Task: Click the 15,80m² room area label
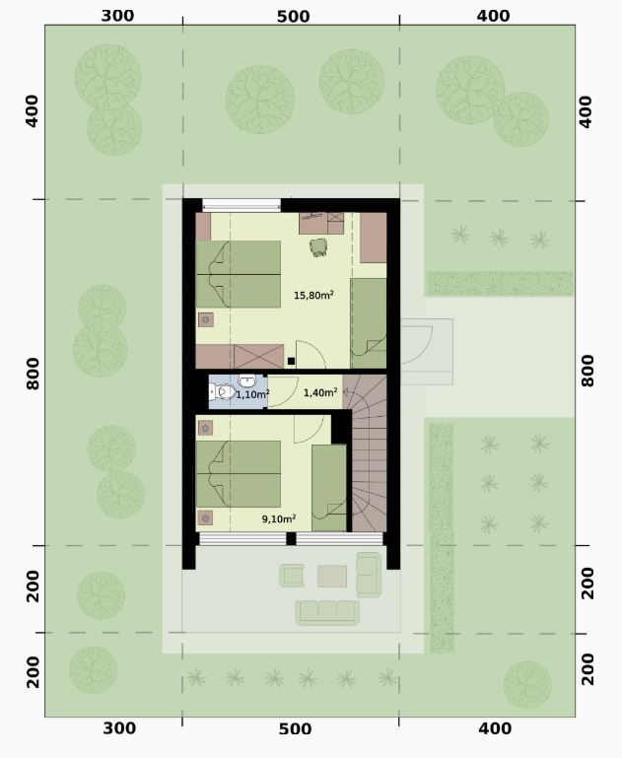313,295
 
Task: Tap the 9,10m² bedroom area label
279,518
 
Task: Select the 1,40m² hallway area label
320,392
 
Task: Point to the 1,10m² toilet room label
252,394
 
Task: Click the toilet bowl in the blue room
223,391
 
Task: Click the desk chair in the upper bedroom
318,247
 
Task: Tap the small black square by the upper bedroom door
291,361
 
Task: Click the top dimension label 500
293,17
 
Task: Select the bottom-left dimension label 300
118,727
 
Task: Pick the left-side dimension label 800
33,374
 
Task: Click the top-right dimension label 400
493,17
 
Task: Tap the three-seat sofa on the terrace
327,612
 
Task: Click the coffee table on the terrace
332,576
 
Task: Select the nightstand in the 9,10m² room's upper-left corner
205,428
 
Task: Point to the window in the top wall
242,205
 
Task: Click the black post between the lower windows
291,538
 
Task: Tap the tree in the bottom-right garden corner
527,684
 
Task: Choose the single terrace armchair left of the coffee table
292,576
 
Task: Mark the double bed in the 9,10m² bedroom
239,474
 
